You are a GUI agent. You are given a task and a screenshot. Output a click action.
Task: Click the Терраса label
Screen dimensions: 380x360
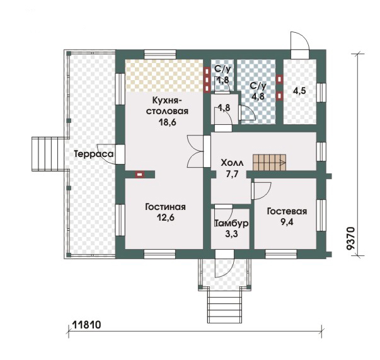(x=94, y=154)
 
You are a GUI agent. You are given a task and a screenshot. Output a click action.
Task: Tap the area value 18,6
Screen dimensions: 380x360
(x=167, y=122)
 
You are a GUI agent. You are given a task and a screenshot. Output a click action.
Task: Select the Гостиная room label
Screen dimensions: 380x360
(x=166, y=207)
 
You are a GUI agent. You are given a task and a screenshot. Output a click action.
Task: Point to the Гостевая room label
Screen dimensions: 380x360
(x=287, y=211)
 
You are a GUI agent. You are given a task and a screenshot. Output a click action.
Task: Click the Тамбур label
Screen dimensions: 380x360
(x=232, y=223)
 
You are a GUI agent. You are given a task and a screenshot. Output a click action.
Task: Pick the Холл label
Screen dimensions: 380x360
(x=232, y=163)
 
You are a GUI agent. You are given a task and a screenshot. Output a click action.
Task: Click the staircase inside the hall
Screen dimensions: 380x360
(x=270, y=163)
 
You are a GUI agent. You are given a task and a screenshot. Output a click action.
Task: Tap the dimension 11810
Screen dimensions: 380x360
(x=87, y=325)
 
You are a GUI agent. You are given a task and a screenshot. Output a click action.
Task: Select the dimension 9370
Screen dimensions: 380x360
(x=350, y=238)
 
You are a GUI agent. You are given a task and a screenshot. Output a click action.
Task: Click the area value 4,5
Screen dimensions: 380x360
(x=299, y=91)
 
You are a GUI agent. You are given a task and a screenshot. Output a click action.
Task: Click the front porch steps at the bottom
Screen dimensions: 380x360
(x=224, y=305)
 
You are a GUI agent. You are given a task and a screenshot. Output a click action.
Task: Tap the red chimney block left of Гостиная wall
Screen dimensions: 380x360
(x=139, y=174)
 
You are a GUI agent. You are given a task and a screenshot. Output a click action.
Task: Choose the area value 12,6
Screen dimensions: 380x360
(x=166, y=218)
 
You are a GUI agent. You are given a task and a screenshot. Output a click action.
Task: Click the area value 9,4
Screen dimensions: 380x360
(x=287, y=221)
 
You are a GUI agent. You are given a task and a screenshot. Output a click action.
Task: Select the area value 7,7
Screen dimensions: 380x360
(x=232, y=174)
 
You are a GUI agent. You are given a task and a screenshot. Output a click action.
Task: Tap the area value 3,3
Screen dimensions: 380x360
(x=232, y=234)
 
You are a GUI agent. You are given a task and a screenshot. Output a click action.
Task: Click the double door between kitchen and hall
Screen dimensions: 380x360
(x=195, y=151)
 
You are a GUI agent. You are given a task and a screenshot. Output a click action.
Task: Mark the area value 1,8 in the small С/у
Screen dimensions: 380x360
(x=222, y=79)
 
